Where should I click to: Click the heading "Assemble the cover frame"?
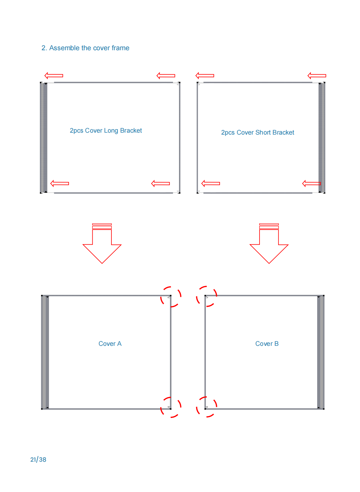89,48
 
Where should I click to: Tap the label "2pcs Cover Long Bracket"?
106,131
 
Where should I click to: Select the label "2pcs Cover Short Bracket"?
257,133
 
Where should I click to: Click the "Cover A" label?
110,344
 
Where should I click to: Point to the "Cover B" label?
267,344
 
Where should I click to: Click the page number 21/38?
38,460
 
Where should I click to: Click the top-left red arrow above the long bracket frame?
53,76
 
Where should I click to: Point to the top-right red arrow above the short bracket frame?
317,76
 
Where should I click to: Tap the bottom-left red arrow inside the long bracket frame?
60,184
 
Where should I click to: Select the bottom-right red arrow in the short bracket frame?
311,184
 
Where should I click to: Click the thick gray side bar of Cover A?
45,352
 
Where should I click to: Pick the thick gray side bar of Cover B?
320,352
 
